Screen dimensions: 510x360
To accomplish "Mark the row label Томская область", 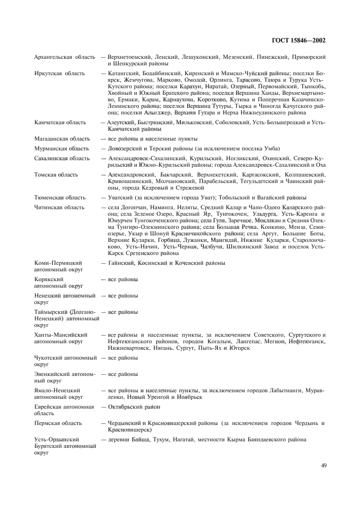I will tap(56, 174).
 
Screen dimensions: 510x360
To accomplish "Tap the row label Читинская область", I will tap(58, 208).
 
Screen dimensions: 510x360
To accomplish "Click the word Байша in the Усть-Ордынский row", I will tap(135, 439).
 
